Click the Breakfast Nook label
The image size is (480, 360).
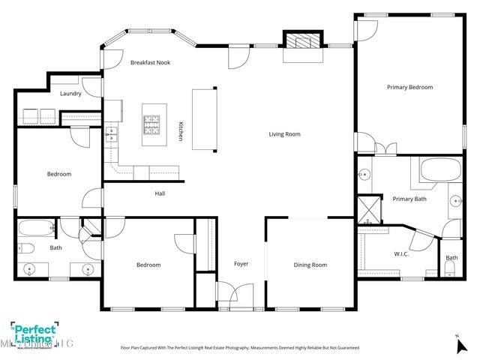150,62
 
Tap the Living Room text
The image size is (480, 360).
285,134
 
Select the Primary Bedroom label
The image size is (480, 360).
409,88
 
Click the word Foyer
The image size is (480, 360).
241,264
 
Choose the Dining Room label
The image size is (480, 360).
310,265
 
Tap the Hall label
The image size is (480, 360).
160,193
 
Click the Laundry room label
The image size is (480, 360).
70,94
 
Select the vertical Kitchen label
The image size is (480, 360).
181,132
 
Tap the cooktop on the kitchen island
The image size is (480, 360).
153,124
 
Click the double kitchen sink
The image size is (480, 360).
111,135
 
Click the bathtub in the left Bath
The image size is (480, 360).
35,227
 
